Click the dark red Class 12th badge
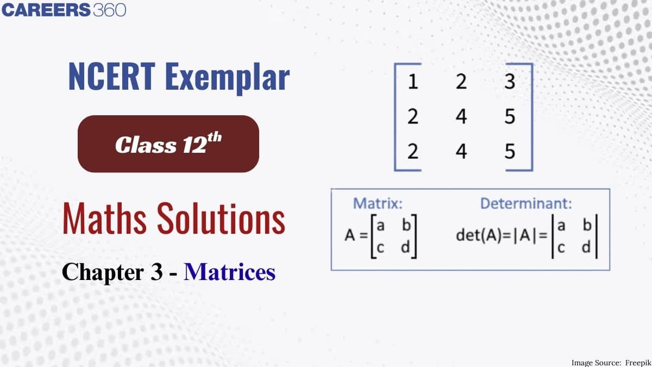coord(168,144)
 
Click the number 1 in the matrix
coord(413,82)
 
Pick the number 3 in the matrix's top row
coord(509,82)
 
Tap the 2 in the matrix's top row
coord(461,82)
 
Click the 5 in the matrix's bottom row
coord(509,152)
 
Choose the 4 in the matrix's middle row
coord(461,117)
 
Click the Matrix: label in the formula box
coord(378,204)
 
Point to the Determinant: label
coord(525,204)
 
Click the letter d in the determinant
coord(585,247)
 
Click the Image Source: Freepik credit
coord(608,362)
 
